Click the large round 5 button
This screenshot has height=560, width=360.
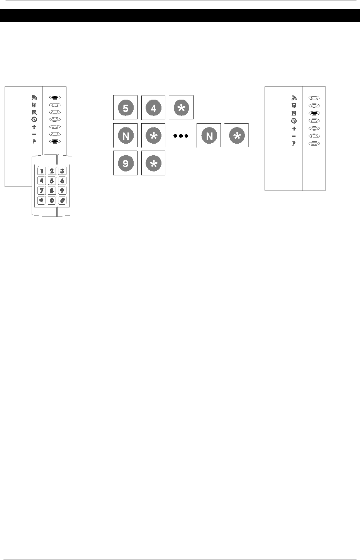[x=125, y=108]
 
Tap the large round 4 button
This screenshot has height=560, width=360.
[x=153, y=108]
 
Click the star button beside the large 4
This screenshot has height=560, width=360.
[x=181, y=108]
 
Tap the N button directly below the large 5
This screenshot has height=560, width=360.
[x=125, y=136]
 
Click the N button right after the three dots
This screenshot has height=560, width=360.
[x=209, y=136]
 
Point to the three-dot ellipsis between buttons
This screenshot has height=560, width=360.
[x=181, y=136]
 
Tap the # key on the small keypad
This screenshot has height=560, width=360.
[x=62, y=200]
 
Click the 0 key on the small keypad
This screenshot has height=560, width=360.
[x=52, y=200]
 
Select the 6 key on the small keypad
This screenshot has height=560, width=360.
[x=62, y=180]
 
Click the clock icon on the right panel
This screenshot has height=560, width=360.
[x=294, y=120]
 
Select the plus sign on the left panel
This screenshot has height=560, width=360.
[x=34, y=127]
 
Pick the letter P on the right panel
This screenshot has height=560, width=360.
[x=294, y=143]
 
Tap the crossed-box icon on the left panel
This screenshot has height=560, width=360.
[x=34, y=112]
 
